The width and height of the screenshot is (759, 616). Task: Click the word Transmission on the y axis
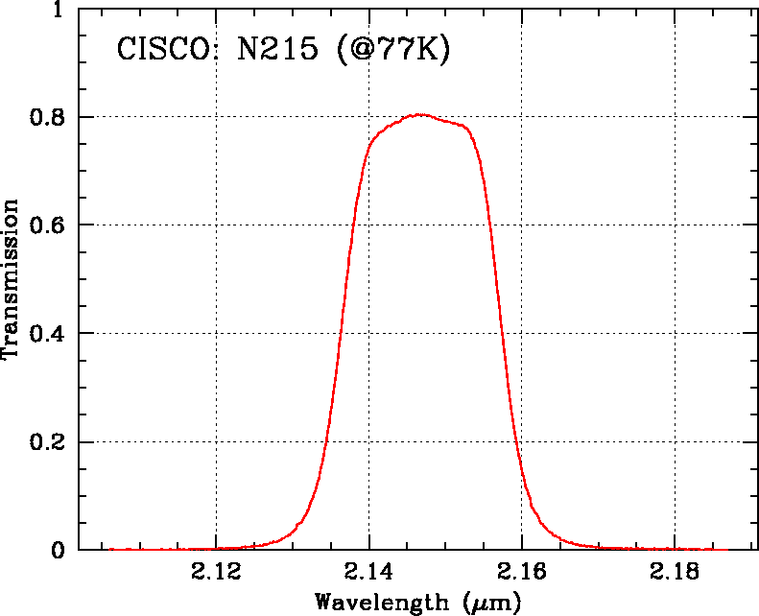(12, 278)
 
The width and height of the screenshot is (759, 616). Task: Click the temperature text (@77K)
(393, 50)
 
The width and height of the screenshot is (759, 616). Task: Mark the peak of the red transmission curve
(419, 114)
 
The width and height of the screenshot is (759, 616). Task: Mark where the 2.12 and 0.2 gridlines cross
(216, 441)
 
